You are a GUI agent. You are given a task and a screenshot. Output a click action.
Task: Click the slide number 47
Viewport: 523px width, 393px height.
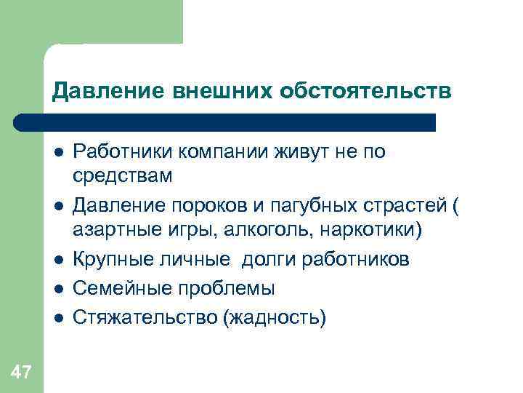tap(22, 373)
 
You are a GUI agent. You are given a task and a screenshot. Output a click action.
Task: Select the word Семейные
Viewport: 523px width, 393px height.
tap(118, 289)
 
